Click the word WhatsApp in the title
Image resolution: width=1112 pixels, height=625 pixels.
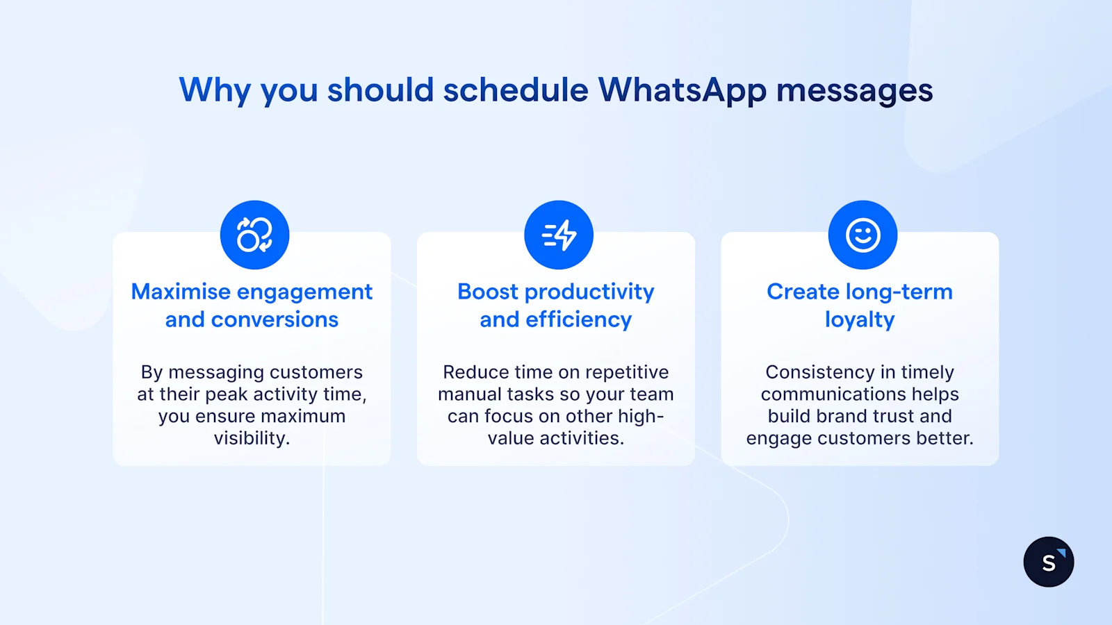(682, 90)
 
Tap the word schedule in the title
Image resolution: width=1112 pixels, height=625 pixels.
(515, 90)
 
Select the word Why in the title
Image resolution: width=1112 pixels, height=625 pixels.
(215, 90)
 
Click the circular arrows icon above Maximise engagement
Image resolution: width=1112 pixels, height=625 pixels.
(254, 235)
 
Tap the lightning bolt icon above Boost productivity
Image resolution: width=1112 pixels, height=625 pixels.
(559, 235)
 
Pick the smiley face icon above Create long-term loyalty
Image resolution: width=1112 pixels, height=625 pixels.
(862, 235)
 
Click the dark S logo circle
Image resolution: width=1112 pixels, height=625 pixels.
(1048, 562)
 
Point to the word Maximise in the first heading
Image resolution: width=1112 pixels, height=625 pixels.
(181, 292)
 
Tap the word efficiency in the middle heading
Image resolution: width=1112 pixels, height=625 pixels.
(578, 319)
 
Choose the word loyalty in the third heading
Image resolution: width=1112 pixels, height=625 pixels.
(860, 319)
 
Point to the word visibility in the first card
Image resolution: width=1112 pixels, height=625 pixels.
(252, 438)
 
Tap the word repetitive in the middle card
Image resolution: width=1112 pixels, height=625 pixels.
(627, 372)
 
